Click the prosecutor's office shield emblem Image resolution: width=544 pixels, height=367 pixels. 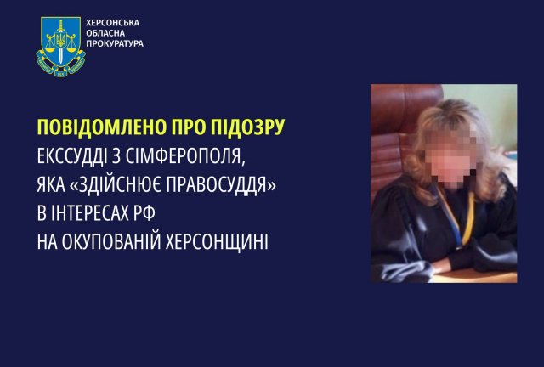60,46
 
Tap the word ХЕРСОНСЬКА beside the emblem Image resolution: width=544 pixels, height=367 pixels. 113,23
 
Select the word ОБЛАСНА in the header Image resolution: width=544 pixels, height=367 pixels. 105,33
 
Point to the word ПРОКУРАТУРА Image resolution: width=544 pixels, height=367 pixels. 115,43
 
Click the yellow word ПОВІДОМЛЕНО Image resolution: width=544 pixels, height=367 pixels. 102,127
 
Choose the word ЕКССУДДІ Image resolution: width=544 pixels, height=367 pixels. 72,156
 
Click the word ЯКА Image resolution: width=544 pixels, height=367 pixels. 51,185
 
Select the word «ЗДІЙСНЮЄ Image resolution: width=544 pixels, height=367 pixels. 116,184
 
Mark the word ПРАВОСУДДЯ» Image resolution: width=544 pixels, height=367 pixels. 221,185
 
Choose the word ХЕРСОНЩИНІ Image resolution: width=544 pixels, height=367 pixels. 217,243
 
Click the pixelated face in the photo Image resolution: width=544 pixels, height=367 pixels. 450,158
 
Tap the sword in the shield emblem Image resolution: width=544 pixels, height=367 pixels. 61,42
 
